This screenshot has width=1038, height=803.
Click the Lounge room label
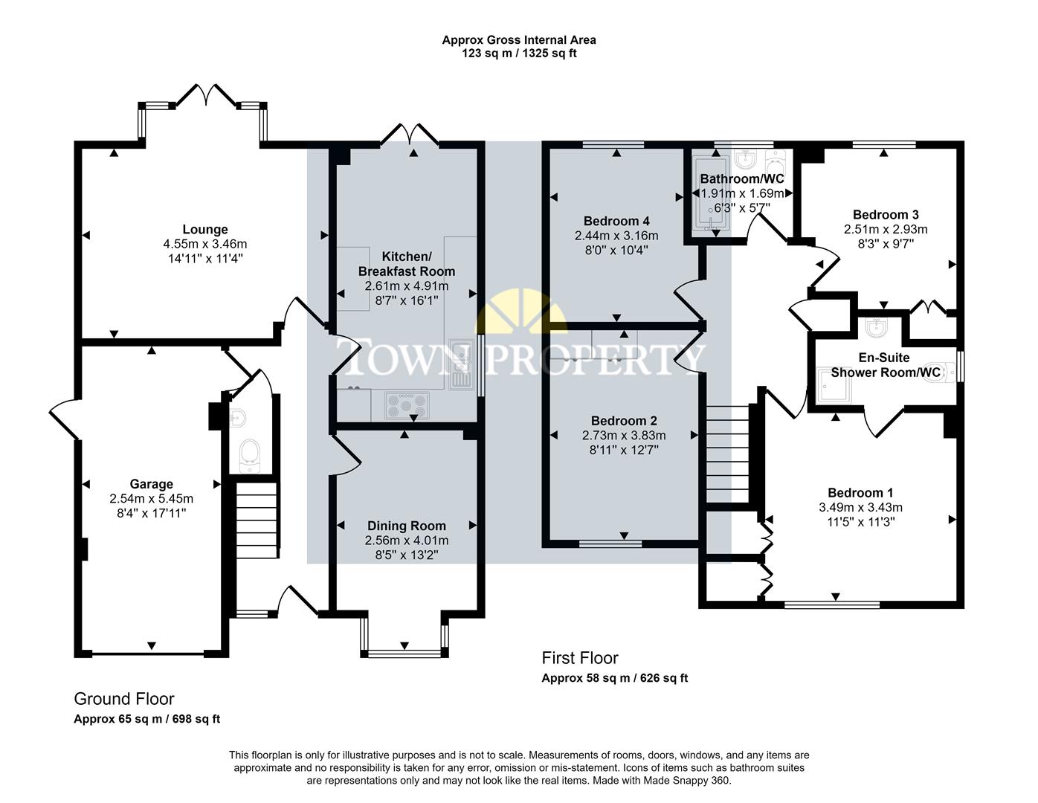205,230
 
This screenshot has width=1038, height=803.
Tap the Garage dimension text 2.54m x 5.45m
151,499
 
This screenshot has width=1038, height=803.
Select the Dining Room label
406,526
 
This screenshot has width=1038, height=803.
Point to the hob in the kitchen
406,405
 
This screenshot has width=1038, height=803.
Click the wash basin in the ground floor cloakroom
236,417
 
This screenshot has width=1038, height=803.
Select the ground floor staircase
257,520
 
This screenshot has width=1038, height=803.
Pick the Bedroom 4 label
616,221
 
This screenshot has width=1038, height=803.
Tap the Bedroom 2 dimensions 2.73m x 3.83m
623,436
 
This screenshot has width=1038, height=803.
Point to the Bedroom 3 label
880,215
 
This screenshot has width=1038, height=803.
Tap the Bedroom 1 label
860,493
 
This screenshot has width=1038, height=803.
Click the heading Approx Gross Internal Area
518,40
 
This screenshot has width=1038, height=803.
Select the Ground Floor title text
124,699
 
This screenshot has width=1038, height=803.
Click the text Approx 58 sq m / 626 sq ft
614,678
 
